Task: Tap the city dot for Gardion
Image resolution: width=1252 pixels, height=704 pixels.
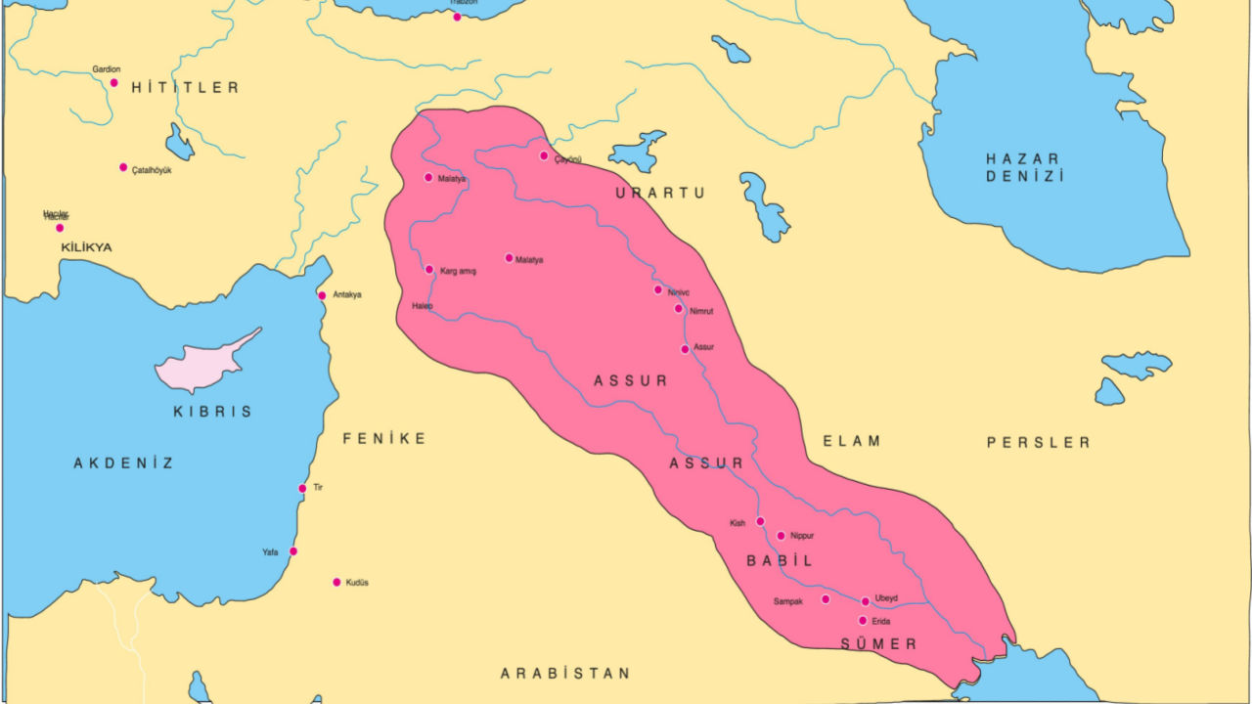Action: (x=113, y=83)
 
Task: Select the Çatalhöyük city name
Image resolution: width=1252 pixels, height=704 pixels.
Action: (x=152, y=170)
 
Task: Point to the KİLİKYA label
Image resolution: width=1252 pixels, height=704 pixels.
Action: (x=86, y=247)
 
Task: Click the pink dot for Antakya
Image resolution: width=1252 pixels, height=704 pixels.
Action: (x=322, y=295)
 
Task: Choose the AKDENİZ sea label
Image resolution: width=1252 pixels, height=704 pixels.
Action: (x=124, y=463)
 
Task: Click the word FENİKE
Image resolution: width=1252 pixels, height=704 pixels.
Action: (x=384, y=439)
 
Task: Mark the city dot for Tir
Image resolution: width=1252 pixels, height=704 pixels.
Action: (x=302, y=489)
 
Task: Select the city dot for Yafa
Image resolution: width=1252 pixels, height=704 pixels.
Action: (x=292, y=551)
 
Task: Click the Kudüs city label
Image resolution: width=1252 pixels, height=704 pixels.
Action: (x=357, y=583)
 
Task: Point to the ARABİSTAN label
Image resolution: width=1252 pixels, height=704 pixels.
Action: (x=565, y=674)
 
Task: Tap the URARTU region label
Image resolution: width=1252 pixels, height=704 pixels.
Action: (x=660, y=194)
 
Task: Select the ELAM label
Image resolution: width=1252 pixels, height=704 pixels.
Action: (x=851, y=441)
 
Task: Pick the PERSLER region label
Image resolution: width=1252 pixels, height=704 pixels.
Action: (x=1038, y=443)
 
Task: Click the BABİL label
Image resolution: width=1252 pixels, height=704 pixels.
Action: (x=780, y=561)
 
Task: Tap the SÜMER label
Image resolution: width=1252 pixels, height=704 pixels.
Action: (x=878, y=644)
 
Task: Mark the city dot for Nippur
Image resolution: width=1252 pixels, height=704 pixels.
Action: (x=781, y=536)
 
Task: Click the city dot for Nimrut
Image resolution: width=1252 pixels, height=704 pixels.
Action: (x=678, y=309)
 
